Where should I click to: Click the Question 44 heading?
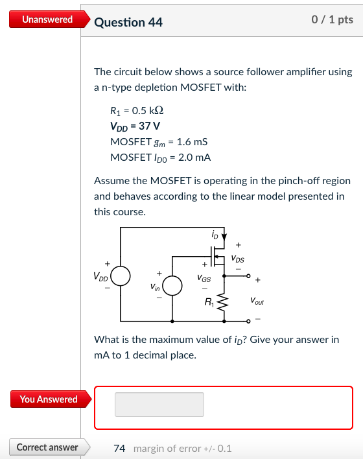[x=128, y=22]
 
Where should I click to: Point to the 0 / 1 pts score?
[x=332, y=19]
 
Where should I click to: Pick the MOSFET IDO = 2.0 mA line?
[x=161, y=157]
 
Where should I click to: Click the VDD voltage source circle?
[x=121, y=276]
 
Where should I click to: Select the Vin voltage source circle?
[x=172, y=286]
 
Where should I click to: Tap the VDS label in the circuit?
[x=238, y=258]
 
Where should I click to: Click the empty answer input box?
[x=159, y=405]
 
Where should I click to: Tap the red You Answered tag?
[x=44, y=399]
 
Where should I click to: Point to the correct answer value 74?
[x=119, y=448]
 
